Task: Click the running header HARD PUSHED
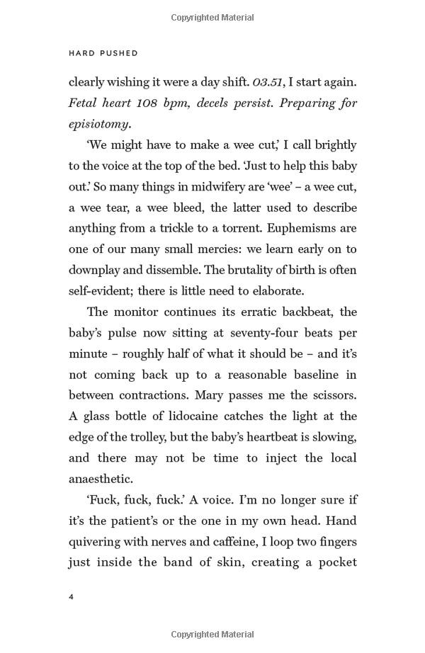tap(103, 53)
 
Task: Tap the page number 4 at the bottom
tap(72, 597)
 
